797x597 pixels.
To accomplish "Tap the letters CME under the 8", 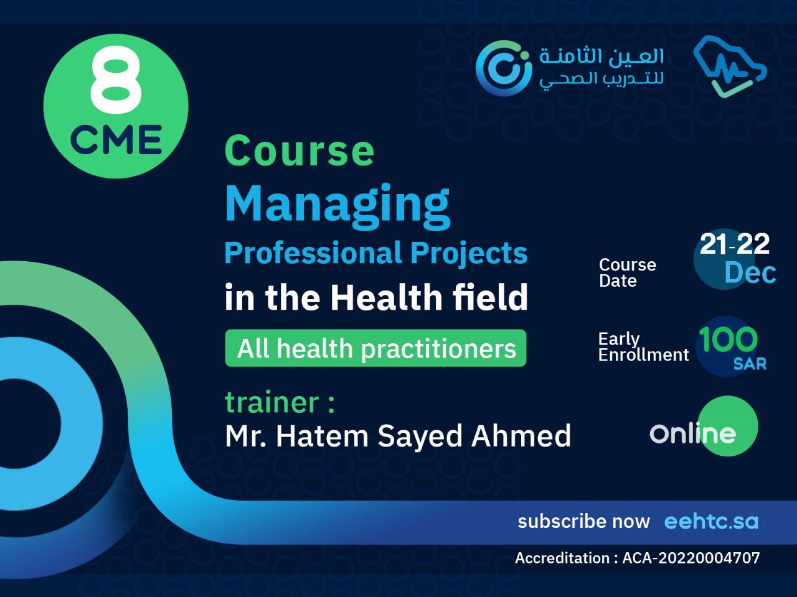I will click(x=116, y=139).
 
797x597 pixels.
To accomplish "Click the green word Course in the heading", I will click(x=299, y=151).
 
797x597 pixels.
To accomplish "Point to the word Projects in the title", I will click(x=468, y=253).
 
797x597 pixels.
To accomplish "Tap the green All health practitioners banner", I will click(x=375, y=348).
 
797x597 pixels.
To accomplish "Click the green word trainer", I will click(x=271, y=402).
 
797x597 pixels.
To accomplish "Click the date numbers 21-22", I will click(x=734, y=244).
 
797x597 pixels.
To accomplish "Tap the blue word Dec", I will click(x=750, y=273).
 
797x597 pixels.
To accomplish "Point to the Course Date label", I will click(x=626, y=272).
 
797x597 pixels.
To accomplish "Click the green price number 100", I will click(x=727, y=340).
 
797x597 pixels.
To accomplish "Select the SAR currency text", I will click(x=749, y=364).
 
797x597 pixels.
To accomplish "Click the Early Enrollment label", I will click(x=643, y=346).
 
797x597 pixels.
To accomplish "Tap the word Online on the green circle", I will click(x=692, y=433).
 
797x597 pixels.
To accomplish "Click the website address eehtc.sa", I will click(x=711, y=521).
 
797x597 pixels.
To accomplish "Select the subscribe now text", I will click(x=583, y=521).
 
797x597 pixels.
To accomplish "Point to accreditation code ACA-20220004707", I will click(x=691, y=558).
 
